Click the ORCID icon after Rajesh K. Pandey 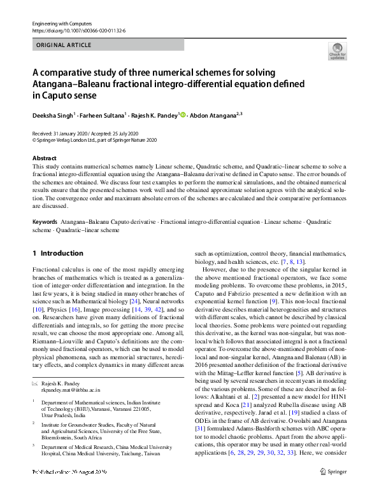(x=183, y=115)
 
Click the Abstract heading (x=44, y=158)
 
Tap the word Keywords (x=45, y=222)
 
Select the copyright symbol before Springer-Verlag (x=34, y=140)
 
